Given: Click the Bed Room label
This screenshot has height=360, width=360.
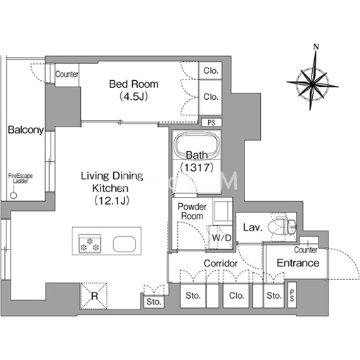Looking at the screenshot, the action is click(134, 84).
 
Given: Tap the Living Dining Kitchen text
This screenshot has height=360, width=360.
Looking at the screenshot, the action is click(112, 182).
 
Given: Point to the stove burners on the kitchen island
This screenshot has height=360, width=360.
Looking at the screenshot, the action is click(90, 244).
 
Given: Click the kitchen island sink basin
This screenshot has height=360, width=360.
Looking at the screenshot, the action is click(124, 244).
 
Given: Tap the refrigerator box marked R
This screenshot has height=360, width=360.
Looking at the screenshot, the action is click(94, 296).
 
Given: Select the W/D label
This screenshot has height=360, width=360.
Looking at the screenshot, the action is click(221, 238).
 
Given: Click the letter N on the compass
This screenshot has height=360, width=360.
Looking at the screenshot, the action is click(316, 46).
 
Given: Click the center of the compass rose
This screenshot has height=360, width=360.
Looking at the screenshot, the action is click(312, 84).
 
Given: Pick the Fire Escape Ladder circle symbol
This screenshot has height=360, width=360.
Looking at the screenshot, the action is click(13, 195).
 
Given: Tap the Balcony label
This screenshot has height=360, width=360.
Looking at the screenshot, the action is click(26, 129).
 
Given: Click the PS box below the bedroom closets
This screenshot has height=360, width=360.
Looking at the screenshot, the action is click(212, 122).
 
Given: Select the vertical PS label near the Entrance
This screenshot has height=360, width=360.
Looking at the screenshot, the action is click(292, 295).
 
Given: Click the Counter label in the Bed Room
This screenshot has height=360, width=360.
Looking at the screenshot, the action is click(67, 75).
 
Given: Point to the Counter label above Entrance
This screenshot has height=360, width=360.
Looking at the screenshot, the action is click(306, 250).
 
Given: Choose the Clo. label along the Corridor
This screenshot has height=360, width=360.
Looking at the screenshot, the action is click(237, 295).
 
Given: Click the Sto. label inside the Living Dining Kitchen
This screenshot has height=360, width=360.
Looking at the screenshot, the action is click(154, 302).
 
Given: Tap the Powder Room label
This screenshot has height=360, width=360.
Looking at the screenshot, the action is click(192, 211).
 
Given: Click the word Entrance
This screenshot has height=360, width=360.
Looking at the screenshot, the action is click(298, 263).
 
